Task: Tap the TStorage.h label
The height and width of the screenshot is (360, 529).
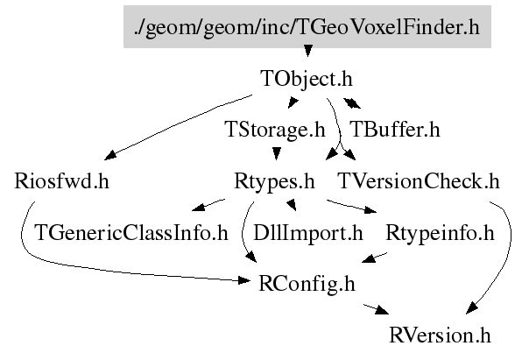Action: tap(275, 131)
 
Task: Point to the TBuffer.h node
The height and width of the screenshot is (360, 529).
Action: tap(394, 131)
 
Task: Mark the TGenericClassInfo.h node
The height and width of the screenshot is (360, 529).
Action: tap(130, 234)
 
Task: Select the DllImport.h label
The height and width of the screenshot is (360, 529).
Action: tap(307, 234)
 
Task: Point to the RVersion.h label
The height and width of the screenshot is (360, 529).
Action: tap(441, 335)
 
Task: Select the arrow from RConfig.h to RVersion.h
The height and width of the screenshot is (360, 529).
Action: tap(371, 309)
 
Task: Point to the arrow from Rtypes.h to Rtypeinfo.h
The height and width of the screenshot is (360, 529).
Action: tap(350, 208)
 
